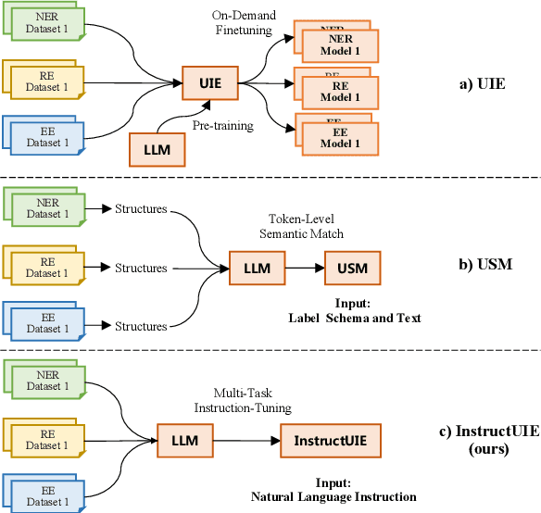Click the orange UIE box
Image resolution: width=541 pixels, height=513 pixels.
tap(209, 82)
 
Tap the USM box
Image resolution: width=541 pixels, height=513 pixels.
tap(352, 269)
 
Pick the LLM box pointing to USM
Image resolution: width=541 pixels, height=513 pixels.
tap(256, 269)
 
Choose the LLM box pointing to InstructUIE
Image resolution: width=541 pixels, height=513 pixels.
tap(185, 439)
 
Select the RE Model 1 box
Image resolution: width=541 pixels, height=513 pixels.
tap(338, 90)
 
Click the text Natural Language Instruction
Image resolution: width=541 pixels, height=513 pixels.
tap(333, 496)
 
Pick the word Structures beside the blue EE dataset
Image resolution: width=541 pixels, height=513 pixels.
tap(140, 326)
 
